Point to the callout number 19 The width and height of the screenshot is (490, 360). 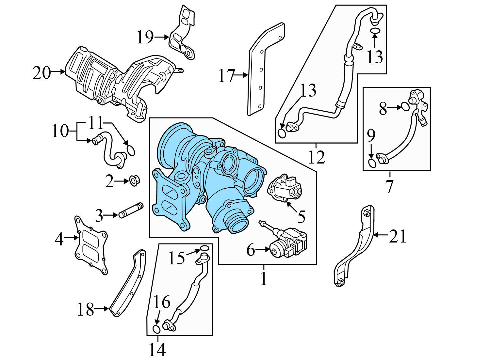tap(145, 37)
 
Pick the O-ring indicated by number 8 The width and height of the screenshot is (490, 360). tap(405, 106)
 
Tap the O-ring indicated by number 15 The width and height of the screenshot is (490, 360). tap(204, 249)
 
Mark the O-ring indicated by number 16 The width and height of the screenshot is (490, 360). tap(156, 328)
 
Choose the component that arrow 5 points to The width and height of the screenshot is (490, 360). tap(285, 190)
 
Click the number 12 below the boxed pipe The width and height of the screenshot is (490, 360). tap(316, 157)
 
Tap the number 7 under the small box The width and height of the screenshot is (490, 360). tap(389, 186)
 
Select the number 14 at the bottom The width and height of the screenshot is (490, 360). tap(157, 350)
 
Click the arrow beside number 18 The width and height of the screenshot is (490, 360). tap(102, 308)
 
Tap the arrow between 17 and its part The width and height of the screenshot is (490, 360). tap(242, 75)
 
